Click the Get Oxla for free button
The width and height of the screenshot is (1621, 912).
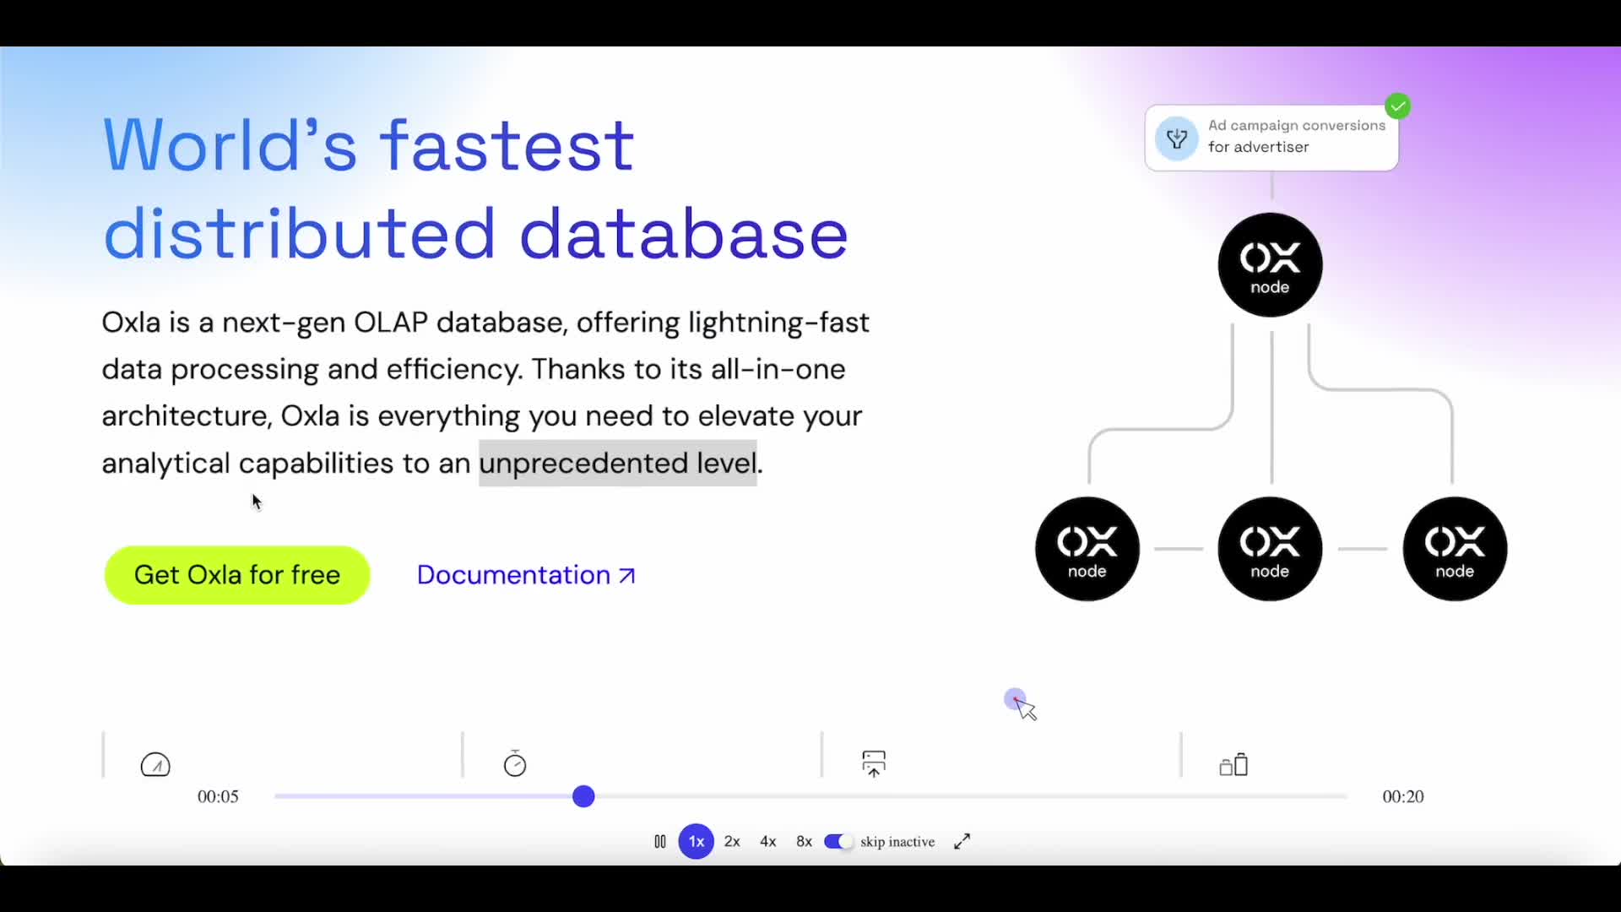coord(237,575)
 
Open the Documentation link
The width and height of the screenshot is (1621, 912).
coord(526,575)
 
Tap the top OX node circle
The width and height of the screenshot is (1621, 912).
coord(1270,265)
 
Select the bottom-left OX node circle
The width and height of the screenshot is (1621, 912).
coord(1087,549)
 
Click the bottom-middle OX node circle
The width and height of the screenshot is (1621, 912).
coord(1270,549)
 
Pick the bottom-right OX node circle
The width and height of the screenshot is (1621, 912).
coord(1455,549)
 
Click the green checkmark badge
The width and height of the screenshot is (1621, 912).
coord(1398,106)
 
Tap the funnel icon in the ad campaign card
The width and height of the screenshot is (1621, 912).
coord(1177,138)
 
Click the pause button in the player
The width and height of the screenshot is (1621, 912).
coord(660,842)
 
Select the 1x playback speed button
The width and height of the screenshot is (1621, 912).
coord(697,842)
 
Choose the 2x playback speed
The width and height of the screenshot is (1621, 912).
coord(732,842)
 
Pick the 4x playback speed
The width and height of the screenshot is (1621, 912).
coord(768,842)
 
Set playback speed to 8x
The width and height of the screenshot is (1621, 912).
coord(804,842)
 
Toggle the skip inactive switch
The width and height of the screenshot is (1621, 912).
coord(838,842)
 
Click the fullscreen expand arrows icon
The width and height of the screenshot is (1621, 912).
coord(962,842)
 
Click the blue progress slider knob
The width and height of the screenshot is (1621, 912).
coord(583,796)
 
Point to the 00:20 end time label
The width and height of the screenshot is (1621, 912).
coord(1403,796)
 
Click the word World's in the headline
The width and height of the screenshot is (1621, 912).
coord(230,145)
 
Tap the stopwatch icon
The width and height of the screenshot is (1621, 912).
coord(515,763)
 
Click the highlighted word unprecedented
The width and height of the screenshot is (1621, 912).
coord(583,464)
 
